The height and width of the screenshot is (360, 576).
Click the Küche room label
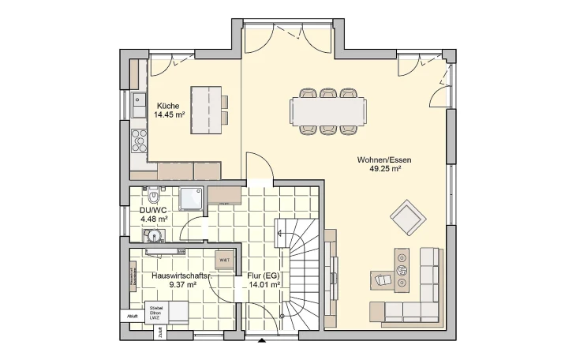click(168, 106)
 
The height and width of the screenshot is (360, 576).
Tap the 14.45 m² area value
click(168, 115)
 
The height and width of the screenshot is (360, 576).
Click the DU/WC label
click(152, 211)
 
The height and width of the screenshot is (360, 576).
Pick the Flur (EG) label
click(264, 276)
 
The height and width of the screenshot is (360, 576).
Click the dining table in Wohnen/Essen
click(329, 111)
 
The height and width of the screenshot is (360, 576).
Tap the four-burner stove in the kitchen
click(139, 140)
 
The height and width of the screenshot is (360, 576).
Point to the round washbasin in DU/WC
click(154, 235)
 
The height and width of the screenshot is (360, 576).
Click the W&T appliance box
click(224, 260)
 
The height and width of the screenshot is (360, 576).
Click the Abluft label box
click(131, 316)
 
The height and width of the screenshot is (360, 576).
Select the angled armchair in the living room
click(407, 217)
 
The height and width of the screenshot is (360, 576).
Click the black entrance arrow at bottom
click(261, 341)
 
